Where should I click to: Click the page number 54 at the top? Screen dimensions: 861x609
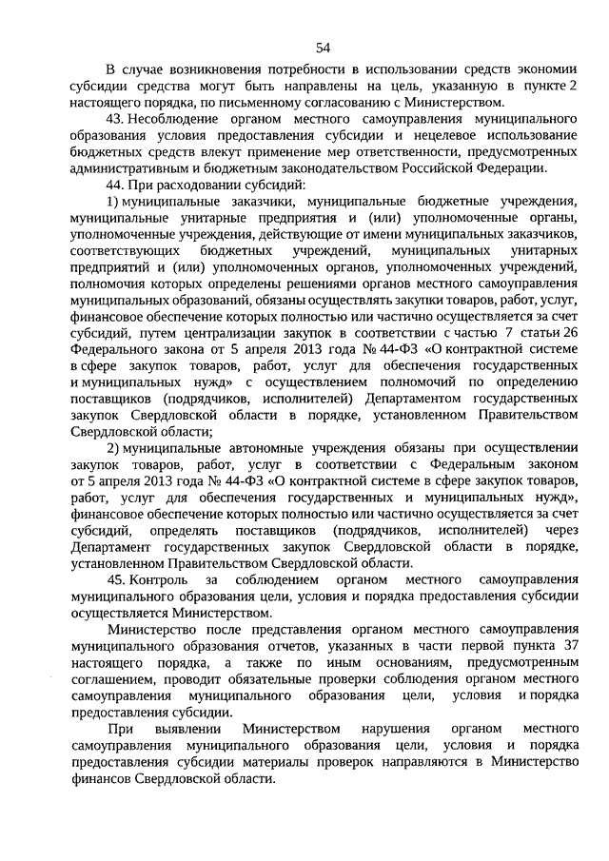[323, 49]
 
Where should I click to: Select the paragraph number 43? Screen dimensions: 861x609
[115, 117]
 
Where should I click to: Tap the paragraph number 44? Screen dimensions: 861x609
[115, 183]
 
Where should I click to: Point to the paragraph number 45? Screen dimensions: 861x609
[115, 579]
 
